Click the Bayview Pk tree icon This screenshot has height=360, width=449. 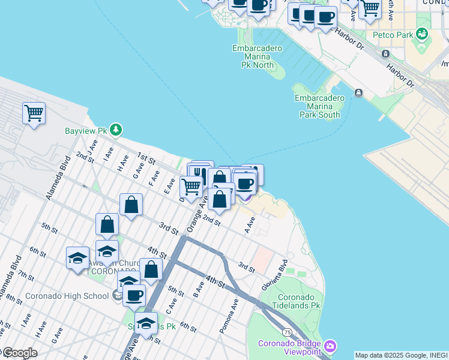pyautogui.click(x=116, y=130)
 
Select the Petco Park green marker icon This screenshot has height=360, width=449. pyautogui.click(x=423, y=34)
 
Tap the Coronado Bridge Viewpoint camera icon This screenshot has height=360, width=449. pyautogui.click(x=330, y=346)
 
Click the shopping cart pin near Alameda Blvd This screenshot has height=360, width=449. pyautogui.click(x=34, y=113)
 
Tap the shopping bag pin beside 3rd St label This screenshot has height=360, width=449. pyautogui.click(x=131, y=205)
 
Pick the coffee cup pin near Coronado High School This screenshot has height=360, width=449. pyautogui.click(x=134, y=295)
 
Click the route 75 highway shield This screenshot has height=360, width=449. pyautogui.click(x=288, y=332)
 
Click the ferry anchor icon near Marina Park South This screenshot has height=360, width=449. pyautogui.click(x=358, y=92)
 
